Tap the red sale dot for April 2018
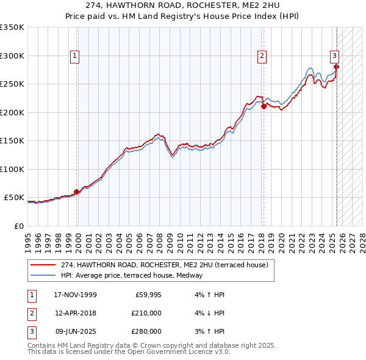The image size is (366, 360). (264, 106)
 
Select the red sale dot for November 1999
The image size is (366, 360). (77, 192)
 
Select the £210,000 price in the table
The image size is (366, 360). (146, 314)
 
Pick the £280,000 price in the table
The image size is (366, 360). (146, 331)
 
